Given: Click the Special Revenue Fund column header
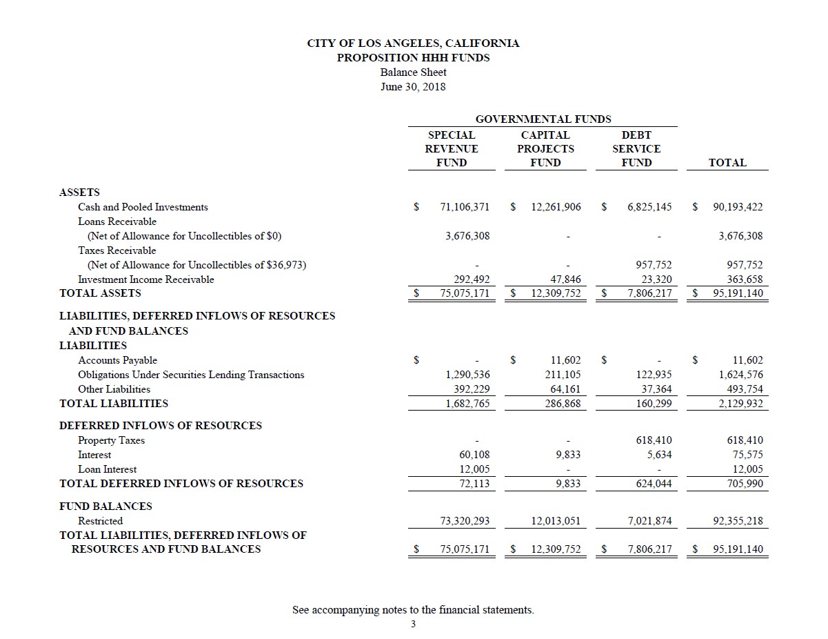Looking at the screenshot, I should [452, 148].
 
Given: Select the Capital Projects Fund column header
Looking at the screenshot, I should [545, 148].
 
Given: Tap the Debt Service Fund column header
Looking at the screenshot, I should [636, 148].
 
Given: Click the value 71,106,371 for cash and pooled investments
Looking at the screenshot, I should [465, 207].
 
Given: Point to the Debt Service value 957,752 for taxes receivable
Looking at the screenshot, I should [650, 265].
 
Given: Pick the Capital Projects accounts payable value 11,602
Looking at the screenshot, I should [566, 360].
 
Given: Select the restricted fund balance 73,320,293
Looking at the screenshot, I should [465, 521].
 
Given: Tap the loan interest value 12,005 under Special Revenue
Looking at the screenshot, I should [474, 469].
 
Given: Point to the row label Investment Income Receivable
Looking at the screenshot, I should [145, 279].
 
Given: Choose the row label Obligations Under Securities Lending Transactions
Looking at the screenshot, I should [191, 375].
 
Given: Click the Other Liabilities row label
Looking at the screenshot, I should [114, 389].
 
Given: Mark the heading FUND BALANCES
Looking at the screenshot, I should [105, 506].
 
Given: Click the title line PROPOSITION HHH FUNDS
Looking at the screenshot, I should [413, 57].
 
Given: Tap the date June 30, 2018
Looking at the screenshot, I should [413, 87].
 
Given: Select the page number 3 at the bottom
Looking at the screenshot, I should [413, 625].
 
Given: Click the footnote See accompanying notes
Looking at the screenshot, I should [413, 610].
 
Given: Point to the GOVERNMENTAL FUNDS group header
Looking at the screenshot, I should [543, 119].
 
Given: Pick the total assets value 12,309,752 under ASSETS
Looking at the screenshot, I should [556, 293].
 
